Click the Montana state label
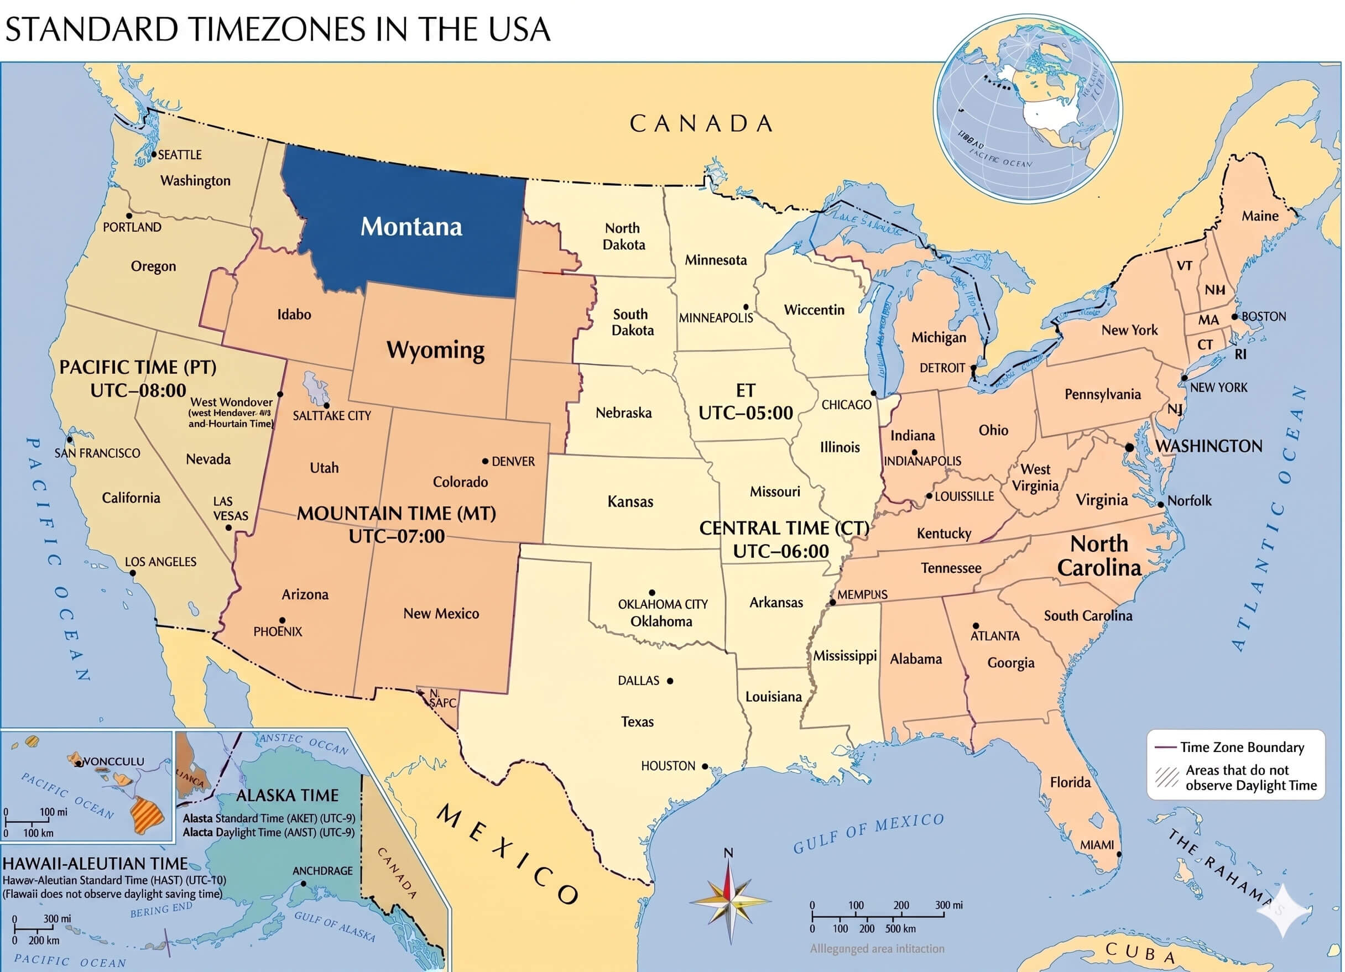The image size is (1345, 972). (411, 227)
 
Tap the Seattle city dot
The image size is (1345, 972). (154, 154)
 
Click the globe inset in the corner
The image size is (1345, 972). (1027, 108)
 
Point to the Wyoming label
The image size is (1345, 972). (435, 350)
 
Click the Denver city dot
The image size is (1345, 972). (485, 461)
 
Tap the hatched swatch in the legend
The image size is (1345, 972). (1166, 777)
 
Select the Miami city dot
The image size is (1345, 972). (1119, 854)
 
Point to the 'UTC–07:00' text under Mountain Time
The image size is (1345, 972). (396, 536)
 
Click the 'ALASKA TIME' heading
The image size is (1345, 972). (287, 795)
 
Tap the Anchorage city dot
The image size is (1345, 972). (304, 883)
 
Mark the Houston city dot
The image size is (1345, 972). (705, 766)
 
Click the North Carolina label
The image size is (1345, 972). (1099, 556)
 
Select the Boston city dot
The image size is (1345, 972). (1235, 317)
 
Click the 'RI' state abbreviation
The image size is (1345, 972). (1240, 354)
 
